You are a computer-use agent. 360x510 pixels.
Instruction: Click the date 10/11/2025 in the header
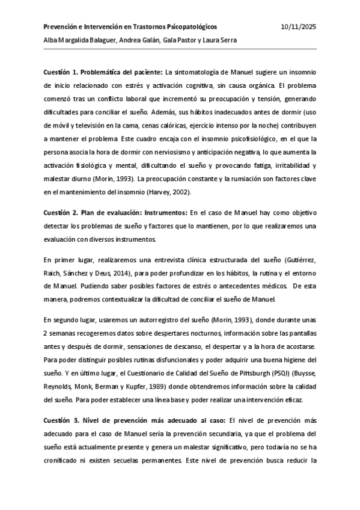[x=298, y=27]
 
